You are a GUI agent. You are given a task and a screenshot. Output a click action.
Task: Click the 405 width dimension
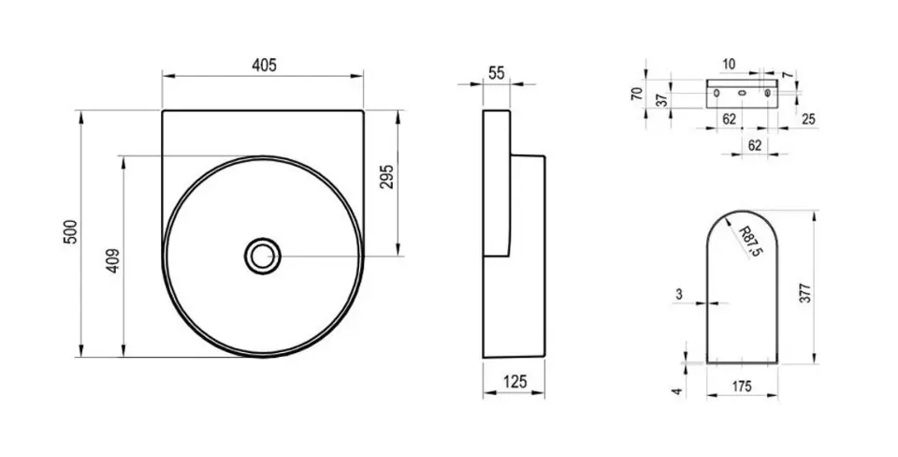coord(264,66)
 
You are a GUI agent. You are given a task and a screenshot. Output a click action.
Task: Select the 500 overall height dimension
coord(70,231)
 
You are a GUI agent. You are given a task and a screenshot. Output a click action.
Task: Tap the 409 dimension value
coord(113,260)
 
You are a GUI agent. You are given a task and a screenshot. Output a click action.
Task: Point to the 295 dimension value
coord(386,177)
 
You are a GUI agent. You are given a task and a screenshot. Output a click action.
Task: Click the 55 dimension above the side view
coord(497,73)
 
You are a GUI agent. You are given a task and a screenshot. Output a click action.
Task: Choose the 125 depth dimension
coord(514,381)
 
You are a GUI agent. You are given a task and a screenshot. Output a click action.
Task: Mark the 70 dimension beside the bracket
coord(637,94)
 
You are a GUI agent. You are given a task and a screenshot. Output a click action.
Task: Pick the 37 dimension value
coord(662,101)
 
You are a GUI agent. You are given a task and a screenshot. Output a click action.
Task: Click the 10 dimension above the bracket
coord(729,65)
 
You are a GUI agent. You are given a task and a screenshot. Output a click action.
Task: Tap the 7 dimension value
coord(788,75)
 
